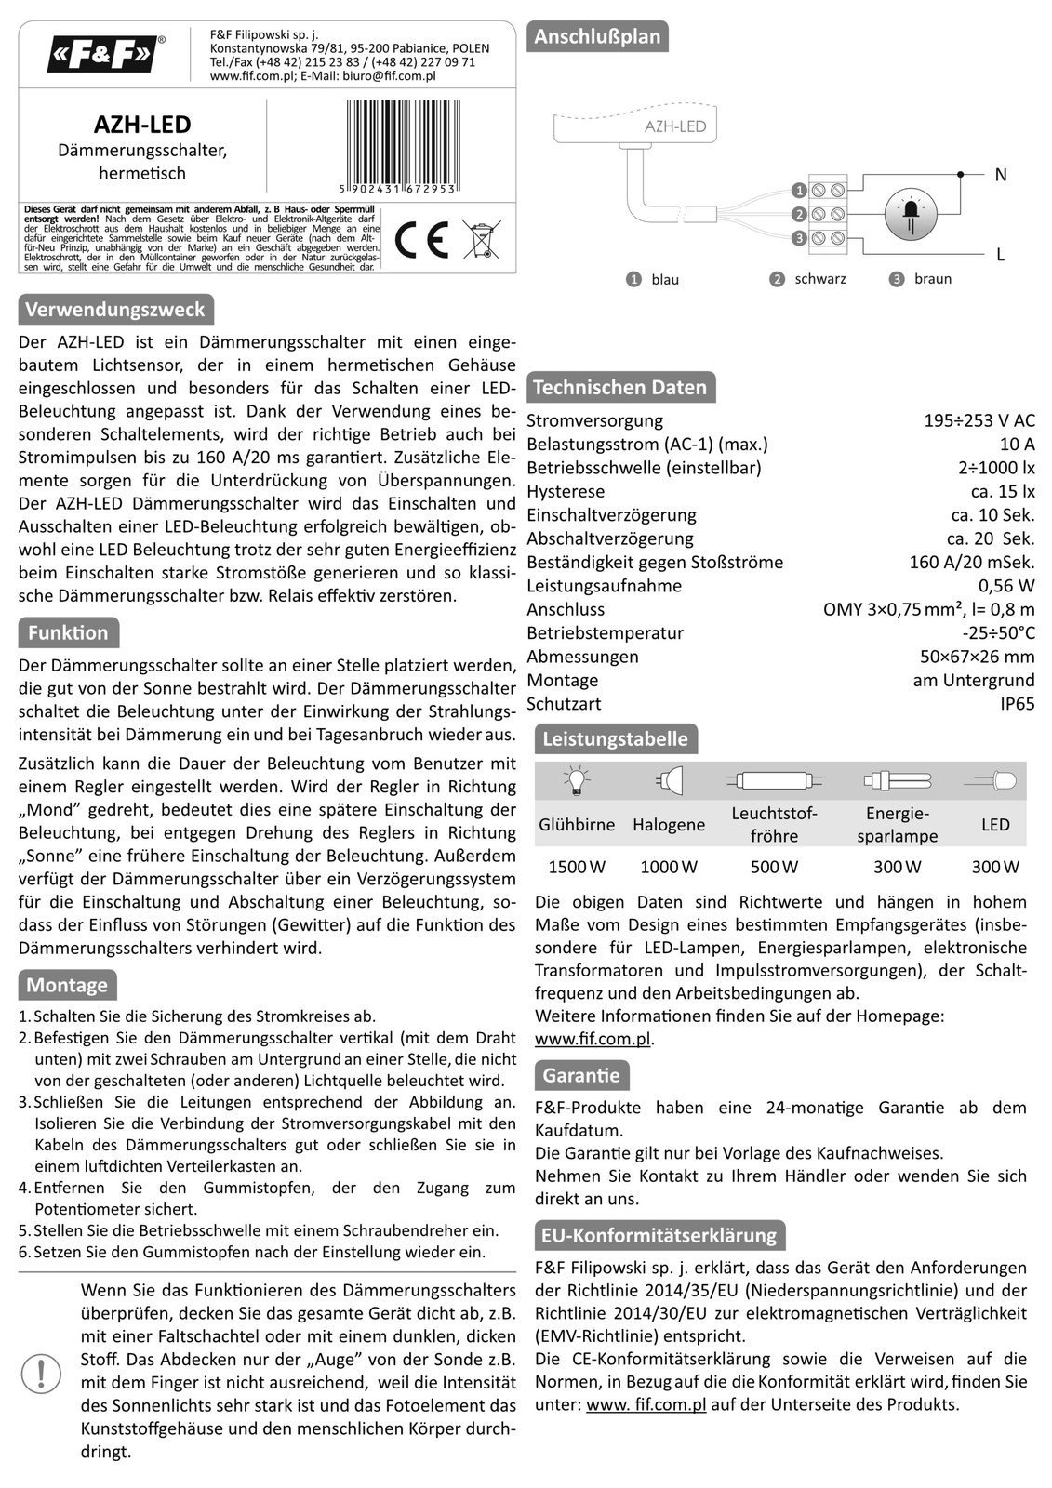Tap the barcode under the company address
(401, 141)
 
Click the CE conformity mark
(422, 240)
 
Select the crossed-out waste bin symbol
(481, 240)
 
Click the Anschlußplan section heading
(597, 37)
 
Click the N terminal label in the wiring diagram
(1000, 175)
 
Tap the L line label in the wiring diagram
(1000, 254)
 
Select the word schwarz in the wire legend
(819, 279)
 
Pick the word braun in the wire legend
(932, 279)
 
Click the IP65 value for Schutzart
(1017, 704)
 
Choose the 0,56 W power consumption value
(1006, 586)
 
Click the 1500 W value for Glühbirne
(577, 867)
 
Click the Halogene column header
(669, 825)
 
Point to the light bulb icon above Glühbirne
(577, 780)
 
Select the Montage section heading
(67, 985)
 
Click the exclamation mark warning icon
(41, 1373)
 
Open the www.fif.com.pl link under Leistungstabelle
(593, 1039)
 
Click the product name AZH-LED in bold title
(142, 125)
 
